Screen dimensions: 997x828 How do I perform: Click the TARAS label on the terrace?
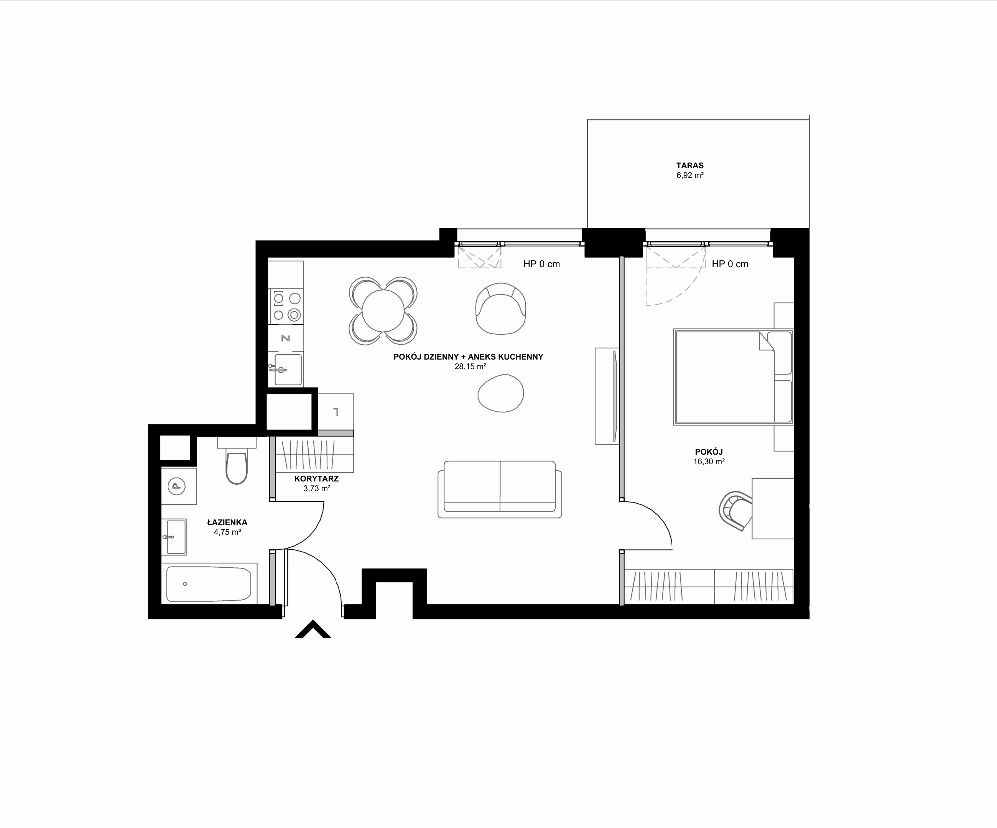[x=690, y=166]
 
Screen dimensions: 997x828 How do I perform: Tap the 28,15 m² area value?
[x=470, y=366]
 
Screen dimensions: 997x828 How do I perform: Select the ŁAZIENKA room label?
[x=227, y=522]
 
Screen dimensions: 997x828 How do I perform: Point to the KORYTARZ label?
[x=316, y=479]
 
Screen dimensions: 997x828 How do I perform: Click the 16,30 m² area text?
[x=709, y=461]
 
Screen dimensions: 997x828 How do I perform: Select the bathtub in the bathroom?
[x=209, y=584]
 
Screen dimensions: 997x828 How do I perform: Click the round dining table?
[x=383, y=311]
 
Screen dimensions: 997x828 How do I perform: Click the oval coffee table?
[x=501, y=393]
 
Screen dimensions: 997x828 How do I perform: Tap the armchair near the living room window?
[x=501, y=309]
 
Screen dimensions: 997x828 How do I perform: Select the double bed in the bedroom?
[x=734, y=377]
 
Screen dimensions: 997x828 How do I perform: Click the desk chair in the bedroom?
[x=735, y=511]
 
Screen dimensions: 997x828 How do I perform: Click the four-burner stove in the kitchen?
[x=286, y=307]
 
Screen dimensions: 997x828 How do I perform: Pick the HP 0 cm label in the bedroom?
[x=730, y=264]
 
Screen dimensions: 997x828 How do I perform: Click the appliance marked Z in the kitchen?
[x=286, y=339]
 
